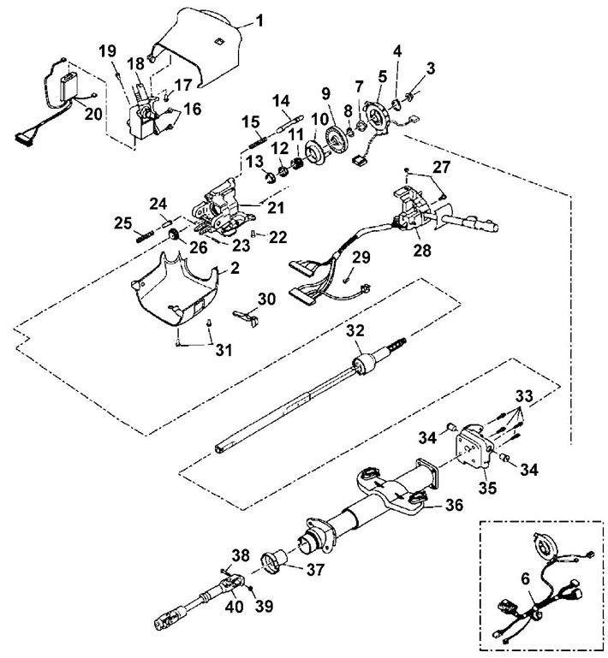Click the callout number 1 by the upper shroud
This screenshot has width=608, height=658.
[x=259, y=21]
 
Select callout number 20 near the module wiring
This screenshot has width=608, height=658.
[x=93, y=114]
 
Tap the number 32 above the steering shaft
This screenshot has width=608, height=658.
[x=355, y=330]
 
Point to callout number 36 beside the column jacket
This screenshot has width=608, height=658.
[x=454, y=505]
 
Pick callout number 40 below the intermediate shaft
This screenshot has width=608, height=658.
[x=235, y=607]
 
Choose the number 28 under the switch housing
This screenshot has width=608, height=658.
[x=421, y=250]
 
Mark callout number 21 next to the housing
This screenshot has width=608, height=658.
[x=276, y=207]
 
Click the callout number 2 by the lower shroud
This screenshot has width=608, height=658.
[x=235, y=268]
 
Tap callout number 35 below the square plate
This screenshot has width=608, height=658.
[x=487, y=488]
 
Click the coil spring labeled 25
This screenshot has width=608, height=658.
[x=144, y=238]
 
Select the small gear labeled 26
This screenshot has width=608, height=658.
[x=174, y=235]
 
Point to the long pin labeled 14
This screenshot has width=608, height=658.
[x=289, y=123]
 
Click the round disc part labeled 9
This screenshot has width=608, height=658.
[x=337, y=140]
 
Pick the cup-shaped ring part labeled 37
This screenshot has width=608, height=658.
[x=273, y=561]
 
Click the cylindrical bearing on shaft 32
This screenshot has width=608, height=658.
[x=365, y=365]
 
